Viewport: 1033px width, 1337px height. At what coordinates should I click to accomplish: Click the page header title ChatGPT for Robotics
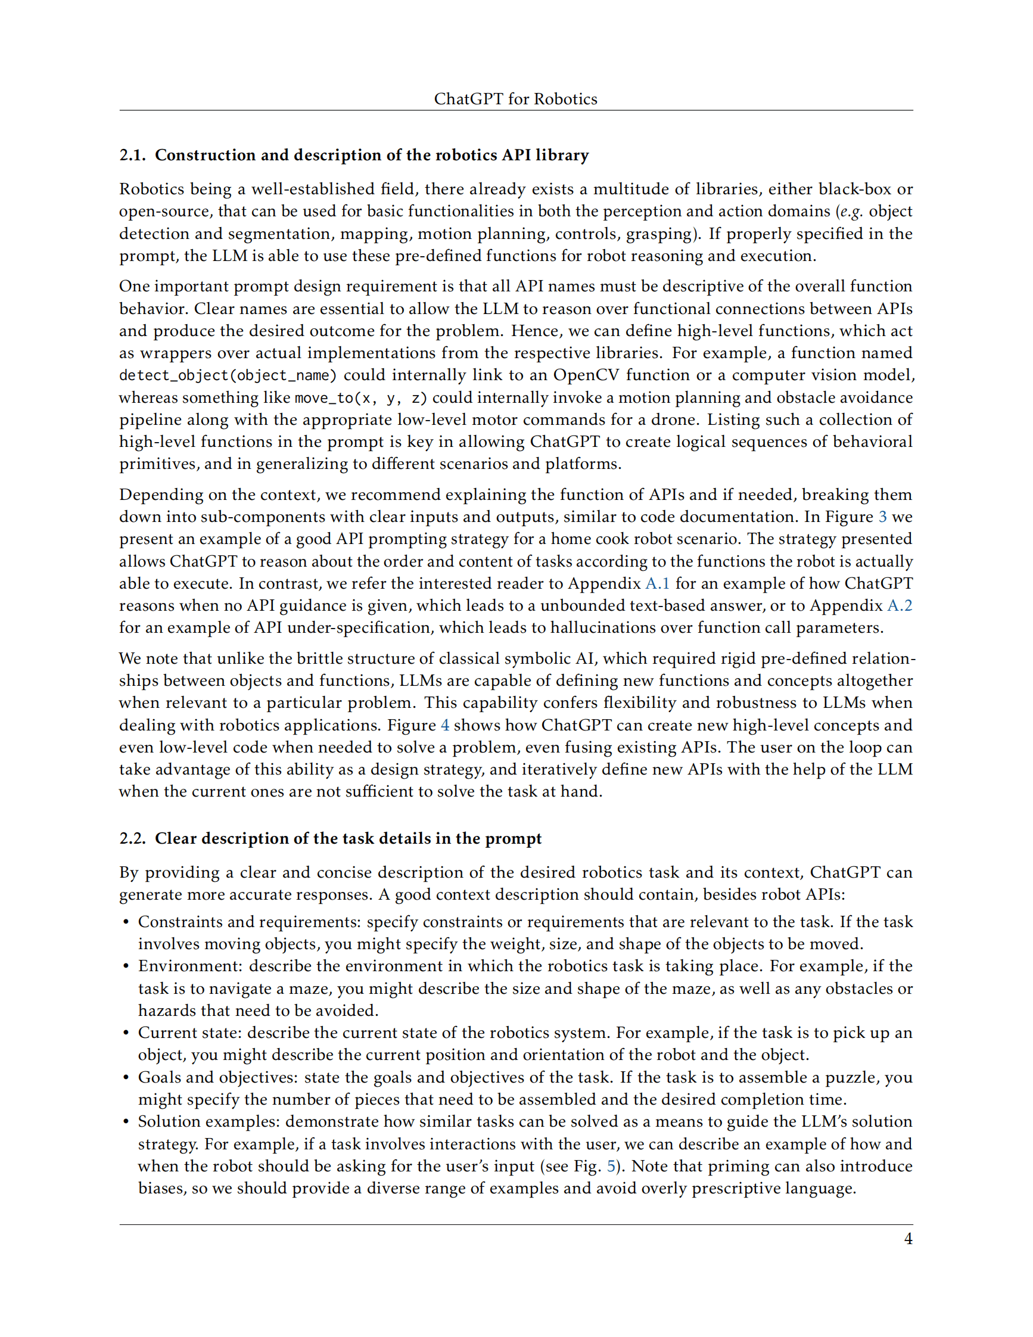point(515,98)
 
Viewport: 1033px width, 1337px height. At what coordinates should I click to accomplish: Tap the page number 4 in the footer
point(908,1239)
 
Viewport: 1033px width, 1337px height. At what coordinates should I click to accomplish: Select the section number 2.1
point(132,155)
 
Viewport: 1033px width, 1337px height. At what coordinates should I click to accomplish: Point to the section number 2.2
point(132,838)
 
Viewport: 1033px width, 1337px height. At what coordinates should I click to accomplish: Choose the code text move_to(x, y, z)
point(360,398)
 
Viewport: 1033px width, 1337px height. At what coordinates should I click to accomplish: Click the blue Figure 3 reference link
point(882,517)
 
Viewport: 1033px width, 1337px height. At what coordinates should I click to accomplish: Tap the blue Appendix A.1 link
point(657,583)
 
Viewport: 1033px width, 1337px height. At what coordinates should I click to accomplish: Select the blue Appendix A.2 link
point(899,605)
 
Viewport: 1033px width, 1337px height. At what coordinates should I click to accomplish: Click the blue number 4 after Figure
point(445,726)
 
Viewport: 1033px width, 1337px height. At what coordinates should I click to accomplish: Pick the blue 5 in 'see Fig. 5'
point(611,1166)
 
